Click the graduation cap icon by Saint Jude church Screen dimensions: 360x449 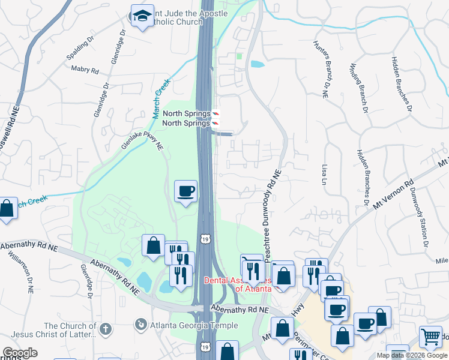(142, 16)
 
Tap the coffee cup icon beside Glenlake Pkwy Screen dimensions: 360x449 (185, 191)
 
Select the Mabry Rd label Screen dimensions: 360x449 (85, 70)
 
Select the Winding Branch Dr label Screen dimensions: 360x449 (358, 88)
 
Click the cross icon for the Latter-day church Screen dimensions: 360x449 (106, 329)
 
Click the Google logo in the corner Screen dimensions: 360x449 (20, 353)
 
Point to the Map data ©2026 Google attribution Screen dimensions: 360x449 (411, 355)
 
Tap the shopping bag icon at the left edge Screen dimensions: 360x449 (6, 209)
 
